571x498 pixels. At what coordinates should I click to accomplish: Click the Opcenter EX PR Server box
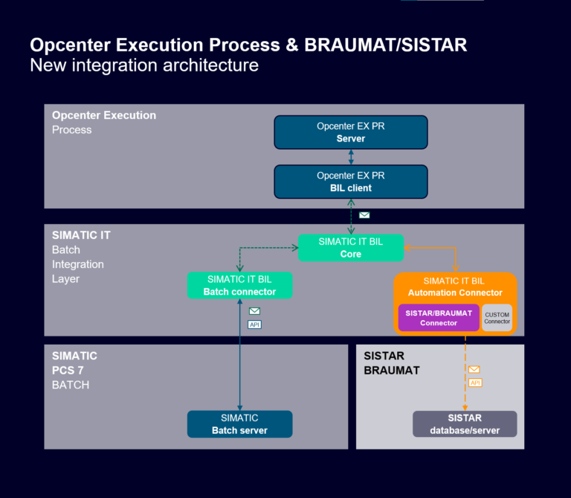coord(351,133)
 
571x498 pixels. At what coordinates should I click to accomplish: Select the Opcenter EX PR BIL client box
coord(351,182)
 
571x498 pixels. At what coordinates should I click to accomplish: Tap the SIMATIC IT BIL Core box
coord(351,248)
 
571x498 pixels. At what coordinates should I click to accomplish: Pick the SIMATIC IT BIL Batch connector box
coord(239,285)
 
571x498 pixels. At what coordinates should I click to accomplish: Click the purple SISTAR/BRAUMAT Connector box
coord(439,318)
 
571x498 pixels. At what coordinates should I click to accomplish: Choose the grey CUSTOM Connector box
coord(497,318)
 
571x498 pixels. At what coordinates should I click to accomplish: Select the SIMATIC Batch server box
coord(239,424)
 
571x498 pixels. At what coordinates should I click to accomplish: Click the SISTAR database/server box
coord(465,424)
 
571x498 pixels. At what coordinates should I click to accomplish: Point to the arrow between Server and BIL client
coord(351,157)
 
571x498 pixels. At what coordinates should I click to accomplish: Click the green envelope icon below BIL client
coord(364,215)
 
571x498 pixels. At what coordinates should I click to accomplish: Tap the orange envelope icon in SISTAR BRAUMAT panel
coord(474,369)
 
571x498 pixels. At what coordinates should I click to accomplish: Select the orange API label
coord(475,383)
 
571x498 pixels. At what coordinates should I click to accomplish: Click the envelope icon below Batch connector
coord(254,311)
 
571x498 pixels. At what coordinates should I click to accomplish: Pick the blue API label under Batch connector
coord(254,325)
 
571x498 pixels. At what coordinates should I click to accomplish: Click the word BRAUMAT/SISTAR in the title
coord(386,45)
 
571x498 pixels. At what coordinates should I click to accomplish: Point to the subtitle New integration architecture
coord(144,66)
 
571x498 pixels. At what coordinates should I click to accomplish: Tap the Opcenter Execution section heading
coord(104,115)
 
